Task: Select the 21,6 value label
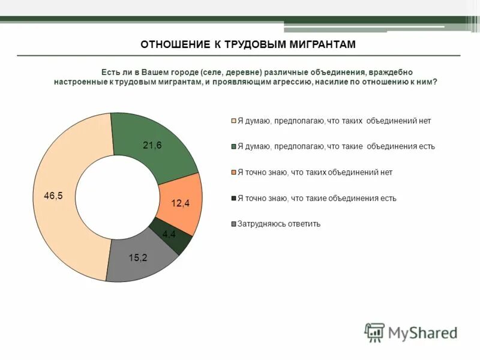tap(152, 146)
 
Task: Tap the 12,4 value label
tap(180, 203)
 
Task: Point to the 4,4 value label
tap(169, 234)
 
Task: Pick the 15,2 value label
tap(137, 257)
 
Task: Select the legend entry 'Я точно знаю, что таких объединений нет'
tap(315, 172)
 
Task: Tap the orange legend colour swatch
tap(234, 172)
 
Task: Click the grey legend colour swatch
tap(234, 224)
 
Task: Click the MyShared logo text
tap(422, 332)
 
